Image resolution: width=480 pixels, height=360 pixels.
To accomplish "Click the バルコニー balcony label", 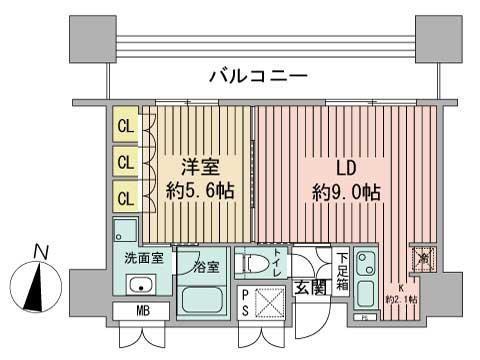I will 258,75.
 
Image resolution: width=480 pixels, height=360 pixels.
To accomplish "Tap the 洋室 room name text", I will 201,166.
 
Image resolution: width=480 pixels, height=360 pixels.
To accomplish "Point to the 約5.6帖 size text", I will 202,190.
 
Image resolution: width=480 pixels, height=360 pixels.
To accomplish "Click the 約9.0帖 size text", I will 343,190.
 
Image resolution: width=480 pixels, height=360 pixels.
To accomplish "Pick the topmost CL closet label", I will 125,126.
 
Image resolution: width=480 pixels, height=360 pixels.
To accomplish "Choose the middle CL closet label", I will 125,160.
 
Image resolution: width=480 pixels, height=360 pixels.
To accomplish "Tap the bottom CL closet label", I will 125,194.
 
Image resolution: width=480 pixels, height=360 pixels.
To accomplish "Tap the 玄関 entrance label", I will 310,289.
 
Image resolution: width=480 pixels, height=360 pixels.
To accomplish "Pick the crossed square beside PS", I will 271,302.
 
